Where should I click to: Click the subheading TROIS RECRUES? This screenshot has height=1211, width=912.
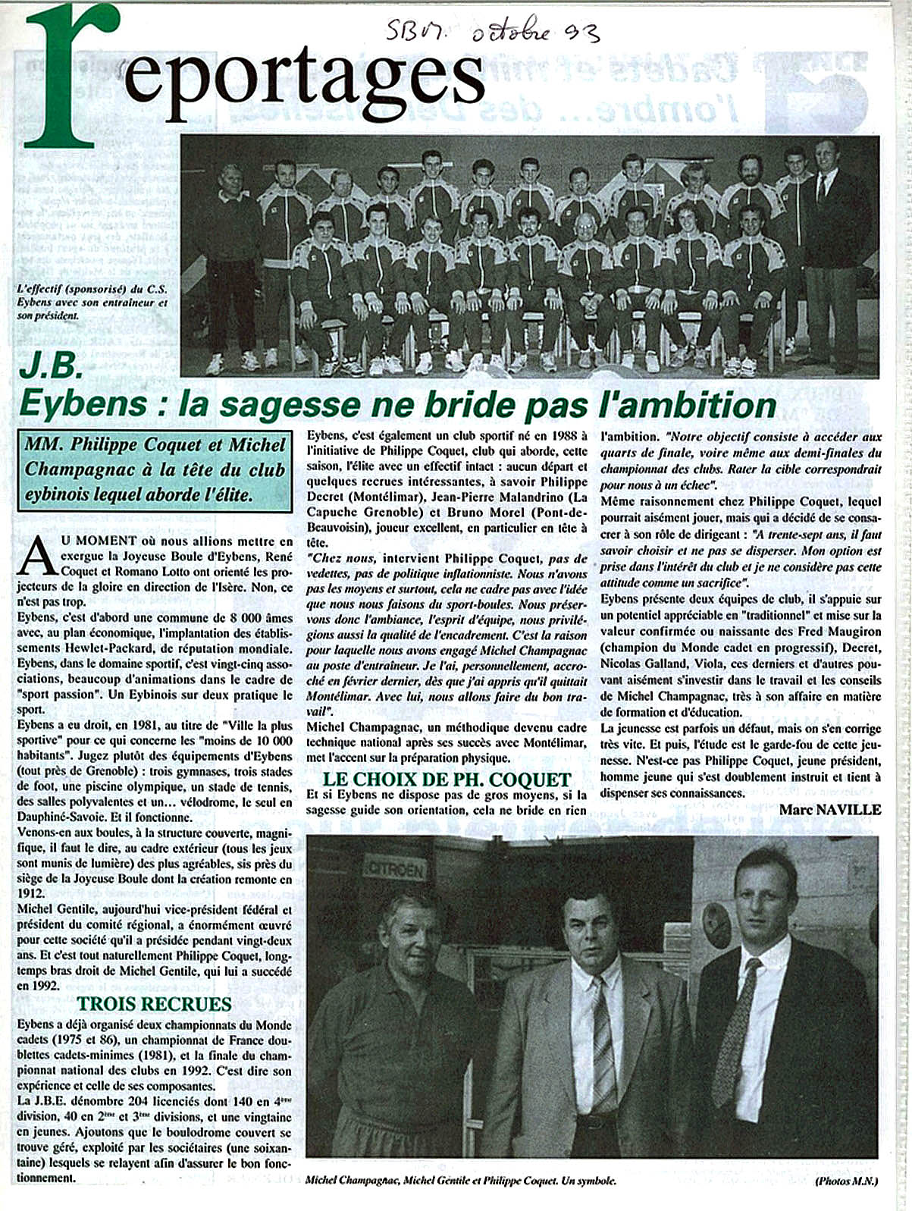pyautogui.click(x=154, y=1004)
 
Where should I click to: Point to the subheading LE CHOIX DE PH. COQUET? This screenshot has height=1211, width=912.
pyautogui.click(x=447, y=779)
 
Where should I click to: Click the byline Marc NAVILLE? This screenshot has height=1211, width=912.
pyautogui.click(x=830, y=810)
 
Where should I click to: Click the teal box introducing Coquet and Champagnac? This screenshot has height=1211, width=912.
pyautogui.click(x=155, y=469)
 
